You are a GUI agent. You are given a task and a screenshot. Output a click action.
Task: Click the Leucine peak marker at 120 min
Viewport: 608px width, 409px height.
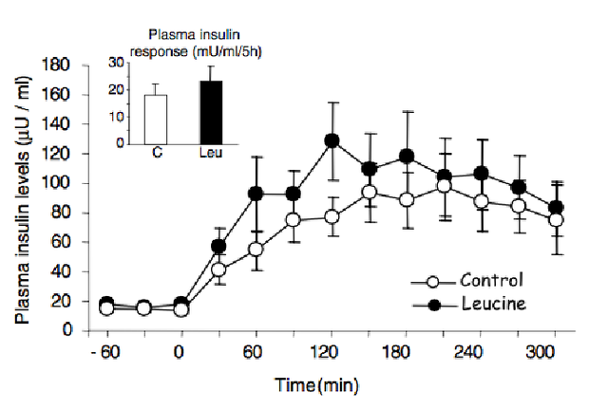pos(332,140)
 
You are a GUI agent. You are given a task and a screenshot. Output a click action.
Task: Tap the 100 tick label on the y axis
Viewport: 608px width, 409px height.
pos(62,183)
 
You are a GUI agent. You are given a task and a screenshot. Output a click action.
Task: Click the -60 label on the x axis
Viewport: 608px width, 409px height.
pos(105,350)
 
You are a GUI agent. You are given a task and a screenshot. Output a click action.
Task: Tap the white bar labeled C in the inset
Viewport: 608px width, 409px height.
pos(156,120)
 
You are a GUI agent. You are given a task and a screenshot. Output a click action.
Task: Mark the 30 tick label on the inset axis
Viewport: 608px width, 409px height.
pos(118,63)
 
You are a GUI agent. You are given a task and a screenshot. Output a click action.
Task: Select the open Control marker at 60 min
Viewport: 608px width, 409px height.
pos(256,249)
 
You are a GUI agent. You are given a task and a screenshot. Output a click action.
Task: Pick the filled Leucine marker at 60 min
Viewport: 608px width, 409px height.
pos(256,194)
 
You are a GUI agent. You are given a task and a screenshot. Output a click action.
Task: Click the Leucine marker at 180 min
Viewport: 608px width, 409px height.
pos(407,156)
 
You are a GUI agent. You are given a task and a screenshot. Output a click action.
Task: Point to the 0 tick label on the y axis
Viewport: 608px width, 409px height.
pos(71,330)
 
